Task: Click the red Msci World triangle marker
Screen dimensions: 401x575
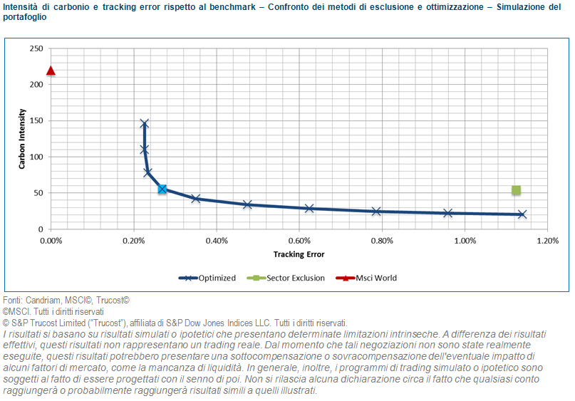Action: pos(51,71)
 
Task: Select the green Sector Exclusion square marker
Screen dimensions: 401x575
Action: pos(516,190)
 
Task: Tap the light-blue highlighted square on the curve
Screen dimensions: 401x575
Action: pos(162,189)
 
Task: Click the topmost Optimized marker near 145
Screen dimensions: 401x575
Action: pos(144,124)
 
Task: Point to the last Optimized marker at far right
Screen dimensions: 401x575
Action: pos(522,214)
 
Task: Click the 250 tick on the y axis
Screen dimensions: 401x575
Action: pos(36,48)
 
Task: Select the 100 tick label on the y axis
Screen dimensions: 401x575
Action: pos(36,157)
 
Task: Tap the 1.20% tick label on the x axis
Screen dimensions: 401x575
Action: pos(547,241)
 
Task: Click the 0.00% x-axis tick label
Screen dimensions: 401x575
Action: pos(51,241)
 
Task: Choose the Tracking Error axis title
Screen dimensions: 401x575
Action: pos(299,254)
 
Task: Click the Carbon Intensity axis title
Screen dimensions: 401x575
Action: pos(23,138)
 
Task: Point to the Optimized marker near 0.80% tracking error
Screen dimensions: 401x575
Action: pos(376,211)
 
